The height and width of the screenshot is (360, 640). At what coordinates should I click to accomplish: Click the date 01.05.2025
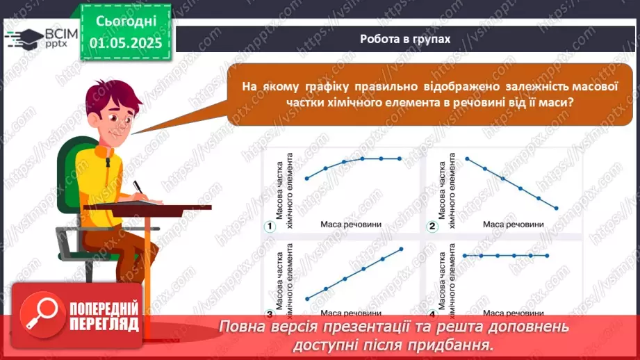point(126,42)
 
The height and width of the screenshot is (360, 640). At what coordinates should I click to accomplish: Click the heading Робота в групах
point(405,39)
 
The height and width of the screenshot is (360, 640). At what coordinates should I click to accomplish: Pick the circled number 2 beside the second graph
point(432,226)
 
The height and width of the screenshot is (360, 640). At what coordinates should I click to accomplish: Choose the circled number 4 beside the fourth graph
point(432,313)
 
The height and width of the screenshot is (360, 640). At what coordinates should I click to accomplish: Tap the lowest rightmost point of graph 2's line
point(557,208)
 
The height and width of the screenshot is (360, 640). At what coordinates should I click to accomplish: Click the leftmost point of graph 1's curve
point(307,178)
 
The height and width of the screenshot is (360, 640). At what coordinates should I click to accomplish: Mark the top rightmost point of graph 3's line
point(402,249)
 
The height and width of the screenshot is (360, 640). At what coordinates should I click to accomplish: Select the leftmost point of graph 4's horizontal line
point(465,256)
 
